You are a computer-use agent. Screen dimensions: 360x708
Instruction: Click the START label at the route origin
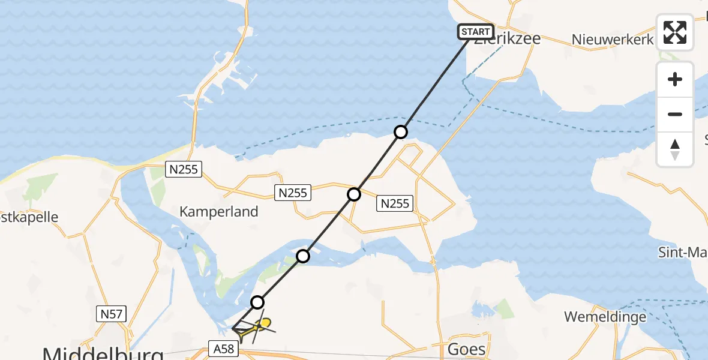476,31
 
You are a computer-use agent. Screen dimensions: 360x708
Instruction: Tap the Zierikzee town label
507,40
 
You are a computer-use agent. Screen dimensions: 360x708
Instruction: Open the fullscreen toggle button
675,32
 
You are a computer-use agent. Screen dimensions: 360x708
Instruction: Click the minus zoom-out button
675,114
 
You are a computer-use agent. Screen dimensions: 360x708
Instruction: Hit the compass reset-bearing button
675,149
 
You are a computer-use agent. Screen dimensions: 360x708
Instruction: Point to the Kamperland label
219,211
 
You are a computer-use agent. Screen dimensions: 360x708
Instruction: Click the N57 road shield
110,313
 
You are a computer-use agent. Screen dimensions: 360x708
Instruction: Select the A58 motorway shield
222,347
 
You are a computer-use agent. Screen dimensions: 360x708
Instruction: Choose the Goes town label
466,349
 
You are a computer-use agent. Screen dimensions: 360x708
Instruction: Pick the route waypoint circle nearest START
401,132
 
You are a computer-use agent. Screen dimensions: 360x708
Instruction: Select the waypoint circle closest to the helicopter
257,302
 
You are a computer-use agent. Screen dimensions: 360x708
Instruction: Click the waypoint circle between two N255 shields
354,194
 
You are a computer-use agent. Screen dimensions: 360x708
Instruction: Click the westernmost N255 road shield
184,170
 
